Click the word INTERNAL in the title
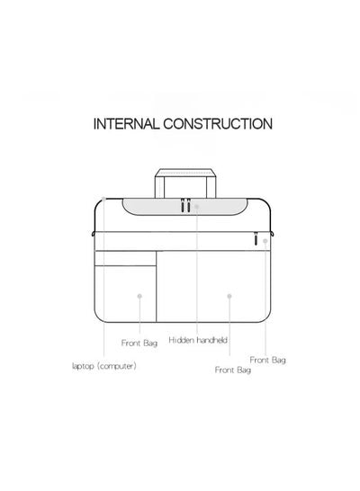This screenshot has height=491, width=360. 127,124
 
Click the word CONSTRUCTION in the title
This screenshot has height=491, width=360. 218,124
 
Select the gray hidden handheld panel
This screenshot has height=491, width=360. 184,207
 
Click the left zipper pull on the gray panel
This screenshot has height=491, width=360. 183,205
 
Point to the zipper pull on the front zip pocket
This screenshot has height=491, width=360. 256,238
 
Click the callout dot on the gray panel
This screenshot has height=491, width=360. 196,207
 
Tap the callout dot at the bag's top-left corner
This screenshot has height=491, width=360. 103,199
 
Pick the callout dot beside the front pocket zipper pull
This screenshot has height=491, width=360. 265,241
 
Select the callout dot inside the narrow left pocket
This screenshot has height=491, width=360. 139,296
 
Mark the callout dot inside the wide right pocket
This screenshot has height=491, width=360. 229,296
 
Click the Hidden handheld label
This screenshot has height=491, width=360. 198,340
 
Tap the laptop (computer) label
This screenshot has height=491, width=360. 104,366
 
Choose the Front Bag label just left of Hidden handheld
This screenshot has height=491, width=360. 139,343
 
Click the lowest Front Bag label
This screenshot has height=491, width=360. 233,370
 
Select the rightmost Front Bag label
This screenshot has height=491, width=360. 268,360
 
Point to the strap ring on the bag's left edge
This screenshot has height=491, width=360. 93,234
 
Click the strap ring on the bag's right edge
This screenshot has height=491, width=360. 273,234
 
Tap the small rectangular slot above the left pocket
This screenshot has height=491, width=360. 125,258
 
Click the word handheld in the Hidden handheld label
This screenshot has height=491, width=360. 212,340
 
